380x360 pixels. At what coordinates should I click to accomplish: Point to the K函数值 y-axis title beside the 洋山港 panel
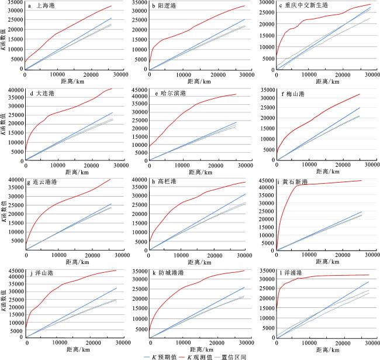click(4, 304)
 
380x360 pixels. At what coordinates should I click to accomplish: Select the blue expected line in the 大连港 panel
click(70, 135)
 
